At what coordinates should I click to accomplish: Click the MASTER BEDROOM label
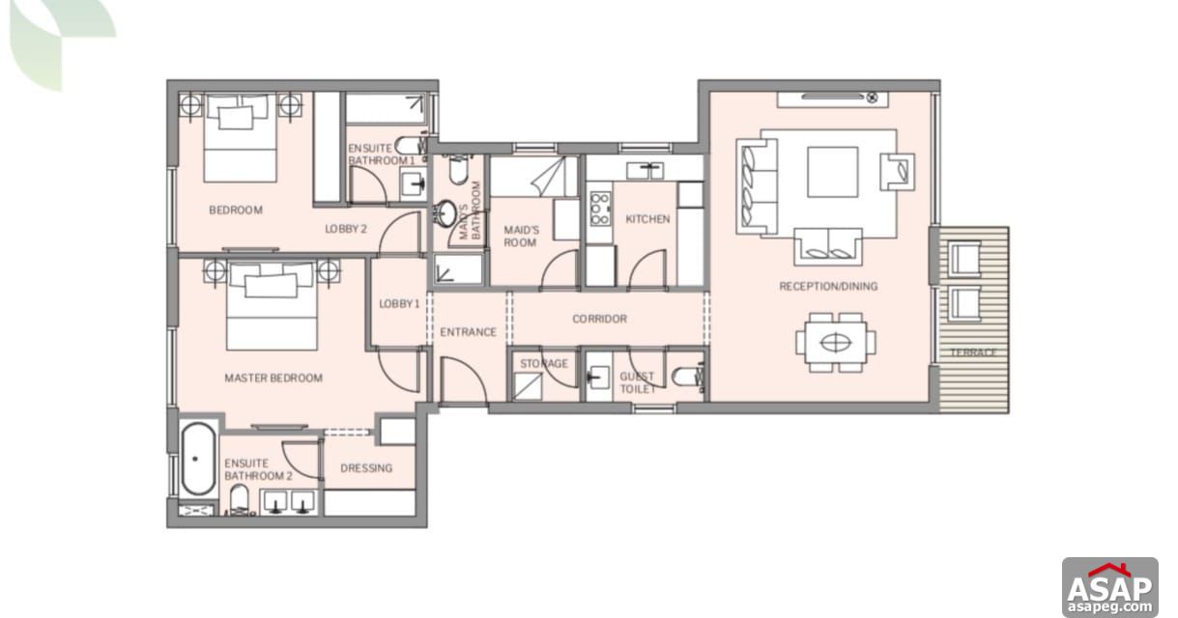[x=273, y=379]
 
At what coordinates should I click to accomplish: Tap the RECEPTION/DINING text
[x=828, y=287]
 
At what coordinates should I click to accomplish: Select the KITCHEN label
[x=647, y=219]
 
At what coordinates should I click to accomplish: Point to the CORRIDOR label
[x=599, y=319]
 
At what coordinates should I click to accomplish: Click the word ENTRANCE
[x=468, y=332]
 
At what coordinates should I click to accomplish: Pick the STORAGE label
[x=544, y=364]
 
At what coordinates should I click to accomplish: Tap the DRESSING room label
[x=366, y=468]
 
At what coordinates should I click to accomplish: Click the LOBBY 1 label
[x=399, y=303]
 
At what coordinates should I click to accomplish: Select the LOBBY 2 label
[x=345, y=229]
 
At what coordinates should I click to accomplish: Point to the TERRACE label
[x=972, y=352]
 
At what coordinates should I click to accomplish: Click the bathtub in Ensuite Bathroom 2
[x=197, y=459]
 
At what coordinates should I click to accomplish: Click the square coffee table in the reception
[x=832, y=172]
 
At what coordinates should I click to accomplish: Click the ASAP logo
[x=1109, y=587]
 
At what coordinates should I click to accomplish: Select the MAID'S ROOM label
[x=520, y=236]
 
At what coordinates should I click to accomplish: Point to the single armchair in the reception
[x=896, y=172]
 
